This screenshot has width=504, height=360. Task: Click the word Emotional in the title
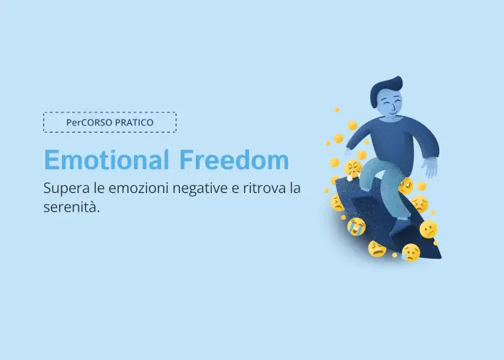tap(107, 159)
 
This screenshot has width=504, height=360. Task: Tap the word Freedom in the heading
tap(234, 159)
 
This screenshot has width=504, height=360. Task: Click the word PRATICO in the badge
tap(134, 122)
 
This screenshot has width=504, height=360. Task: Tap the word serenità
tap(71, 207)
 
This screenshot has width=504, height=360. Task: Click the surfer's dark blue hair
tap(384, 89)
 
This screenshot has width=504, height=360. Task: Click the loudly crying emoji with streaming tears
tap(356, 226)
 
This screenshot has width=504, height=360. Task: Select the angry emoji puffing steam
tap(352, 168)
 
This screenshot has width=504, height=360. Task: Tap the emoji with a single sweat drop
tap(411, 252)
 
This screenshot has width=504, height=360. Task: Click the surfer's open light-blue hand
tap(430, 166)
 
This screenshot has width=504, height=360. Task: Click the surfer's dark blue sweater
tap(395, 141)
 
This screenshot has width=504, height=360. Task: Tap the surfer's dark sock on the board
tap(399, 226)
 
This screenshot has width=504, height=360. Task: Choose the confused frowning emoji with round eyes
tap(428, 229)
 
